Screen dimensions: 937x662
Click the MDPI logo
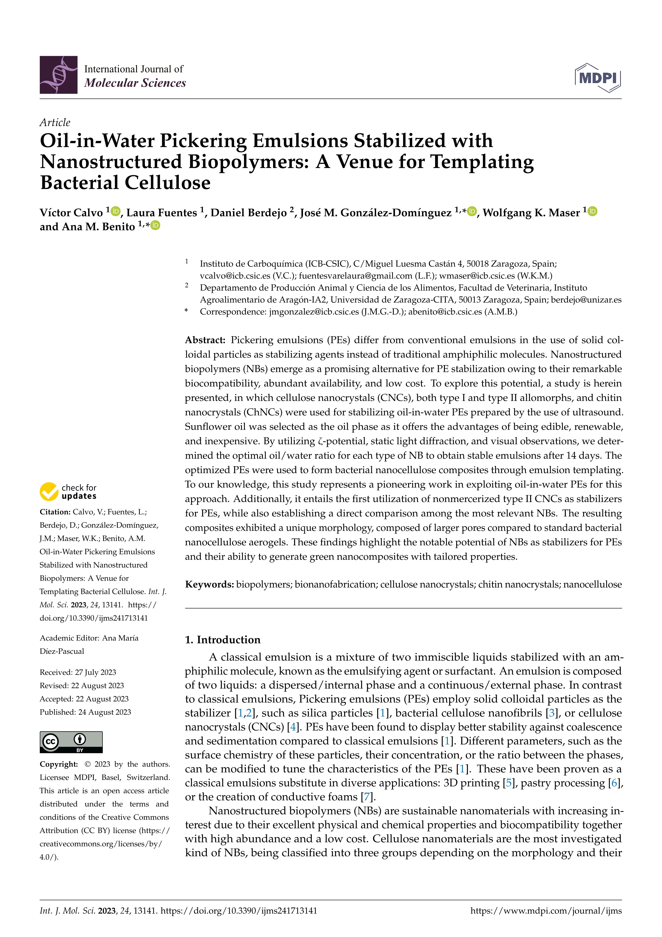coord(598,77)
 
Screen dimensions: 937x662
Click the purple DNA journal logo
coord(58,75)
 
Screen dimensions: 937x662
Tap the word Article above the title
coord(55,122)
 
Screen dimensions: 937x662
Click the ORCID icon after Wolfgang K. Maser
coord(592,211)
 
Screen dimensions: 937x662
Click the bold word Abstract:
coord(205,340)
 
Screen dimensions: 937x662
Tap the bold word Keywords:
coord(209,584)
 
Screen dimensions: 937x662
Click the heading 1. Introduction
coord(223,639)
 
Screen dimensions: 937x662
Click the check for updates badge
coord(68,492)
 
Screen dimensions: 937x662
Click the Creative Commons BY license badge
coord(71,742)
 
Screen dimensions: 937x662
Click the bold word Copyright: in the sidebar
coord(58,764)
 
